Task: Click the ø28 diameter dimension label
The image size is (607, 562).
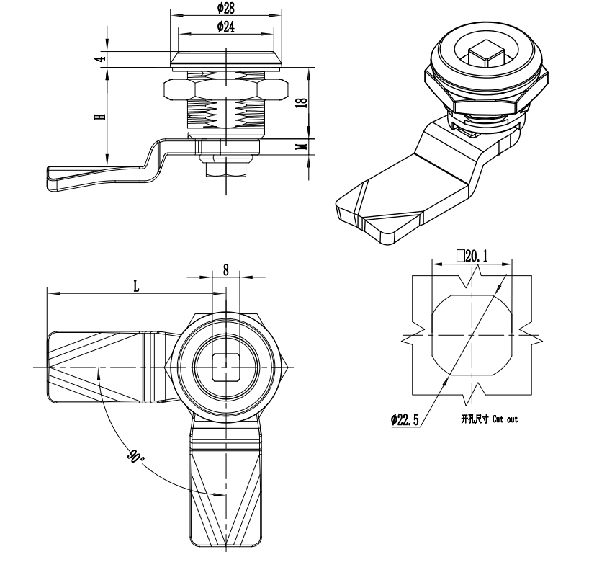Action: tap(226, 8)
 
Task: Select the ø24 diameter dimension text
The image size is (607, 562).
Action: tap(226, 27)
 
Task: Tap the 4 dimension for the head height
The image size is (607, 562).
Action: tap(101, 59)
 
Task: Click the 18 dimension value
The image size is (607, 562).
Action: tap(303, 102)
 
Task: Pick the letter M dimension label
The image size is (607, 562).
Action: tap(303, 146)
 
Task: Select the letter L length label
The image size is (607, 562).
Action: tap(136, 286)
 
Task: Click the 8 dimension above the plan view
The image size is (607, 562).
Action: tap(225, 269)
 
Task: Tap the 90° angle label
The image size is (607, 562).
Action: tap(135, 457)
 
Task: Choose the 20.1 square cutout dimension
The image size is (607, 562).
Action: tap(472, 256)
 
